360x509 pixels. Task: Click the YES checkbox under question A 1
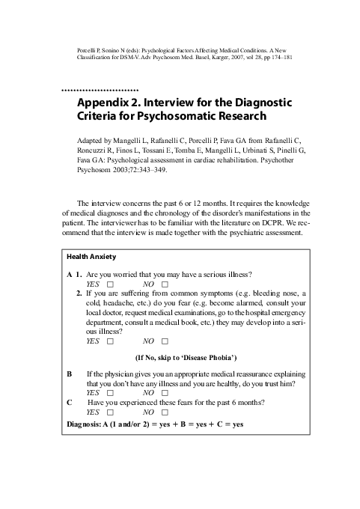pos(110,285)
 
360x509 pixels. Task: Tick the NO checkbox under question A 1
pos(165,285)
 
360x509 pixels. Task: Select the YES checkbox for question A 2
pos(110,341)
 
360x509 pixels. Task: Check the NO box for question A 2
pos(165,341)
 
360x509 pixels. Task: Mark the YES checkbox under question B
pos(110,393)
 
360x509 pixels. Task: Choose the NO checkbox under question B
pos(165,393)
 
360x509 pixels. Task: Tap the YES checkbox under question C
pos(110,412)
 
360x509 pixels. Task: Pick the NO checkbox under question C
pos(165,412)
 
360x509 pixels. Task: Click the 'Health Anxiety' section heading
pos(91,257)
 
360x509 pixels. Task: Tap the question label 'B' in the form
pos(70,374)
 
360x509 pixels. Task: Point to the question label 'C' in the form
pos(70,403)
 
